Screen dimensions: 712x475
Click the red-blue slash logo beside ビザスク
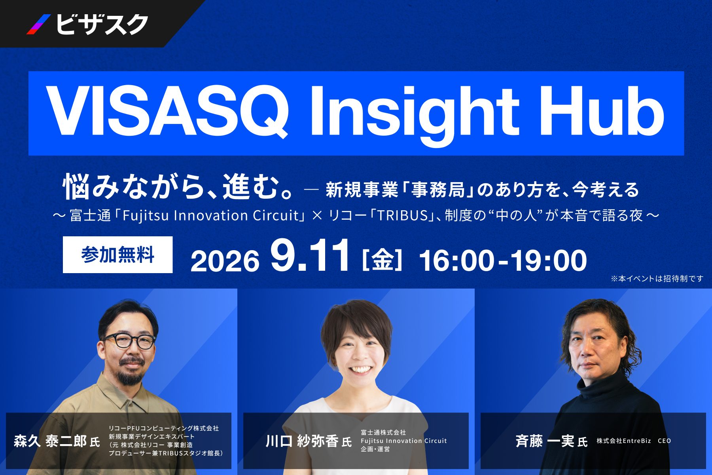38,25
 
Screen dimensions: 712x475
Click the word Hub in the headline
600,111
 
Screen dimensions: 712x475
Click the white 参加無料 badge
117,255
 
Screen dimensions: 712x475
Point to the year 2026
225,261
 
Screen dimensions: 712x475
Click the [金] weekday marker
382,260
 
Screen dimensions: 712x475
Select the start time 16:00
456,260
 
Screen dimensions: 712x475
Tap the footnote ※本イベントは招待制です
657,279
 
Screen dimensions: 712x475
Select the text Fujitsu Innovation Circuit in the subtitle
210,215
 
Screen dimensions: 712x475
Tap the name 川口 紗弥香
302,441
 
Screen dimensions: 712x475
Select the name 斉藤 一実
545,441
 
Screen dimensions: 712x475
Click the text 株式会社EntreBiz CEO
634,441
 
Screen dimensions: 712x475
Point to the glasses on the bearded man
129,341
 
